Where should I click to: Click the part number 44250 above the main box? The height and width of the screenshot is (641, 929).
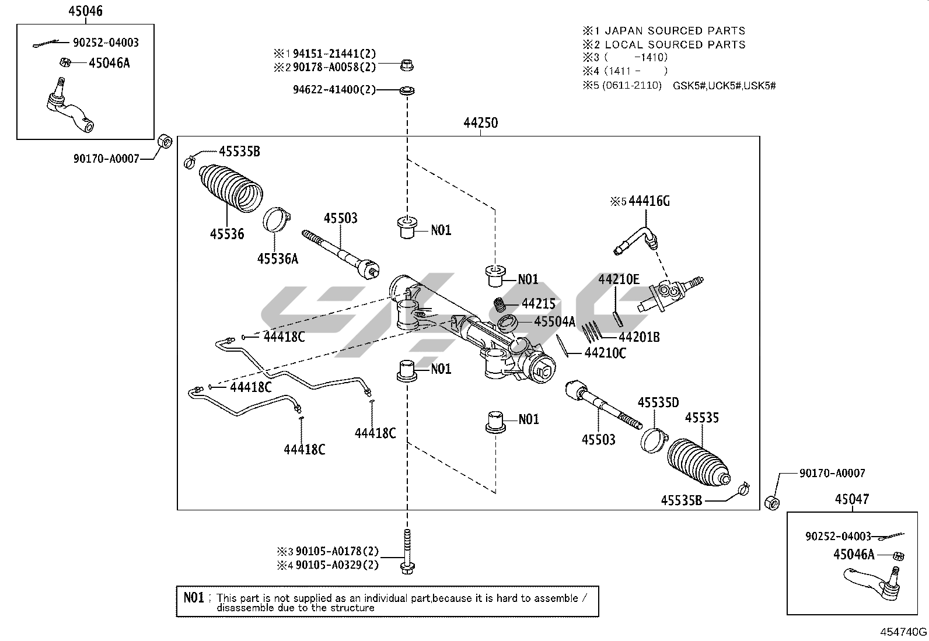tap(481, 123)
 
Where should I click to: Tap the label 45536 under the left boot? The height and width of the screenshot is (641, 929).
tap(227, 234)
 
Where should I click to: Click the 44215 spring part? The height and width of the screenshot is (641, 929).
tap(500, 305)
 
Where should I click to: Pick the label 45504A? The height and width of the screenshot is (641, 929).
tap(554, 321)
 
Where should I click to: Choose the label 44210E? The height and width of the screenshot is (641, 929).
tap(619, 279)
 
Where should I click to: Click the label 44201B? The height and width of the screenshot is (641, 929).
tap(639, 337)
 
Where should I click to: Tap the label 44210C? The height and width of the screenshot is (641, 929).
tap(605, 353)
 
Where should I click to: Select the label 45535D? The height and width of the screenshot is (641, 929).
tap(658, 402)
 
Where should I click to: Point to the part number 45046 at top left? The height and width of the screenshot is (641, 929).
tap(85, 11)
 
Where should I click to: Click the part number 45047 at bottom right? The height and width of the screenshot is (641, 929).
tap(851, 499)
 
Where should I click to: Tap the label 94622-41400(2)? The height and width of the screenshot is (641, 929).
tap(334, 90)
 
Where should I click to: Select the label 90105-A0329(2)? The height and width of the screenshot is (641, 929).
tap(337, 565)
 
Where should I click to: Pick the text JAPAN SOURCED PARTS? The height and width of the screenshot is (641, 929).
tap(675, 30)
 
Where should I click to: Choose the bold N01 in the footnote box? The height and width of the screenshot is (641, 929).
tap(194, 597)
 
